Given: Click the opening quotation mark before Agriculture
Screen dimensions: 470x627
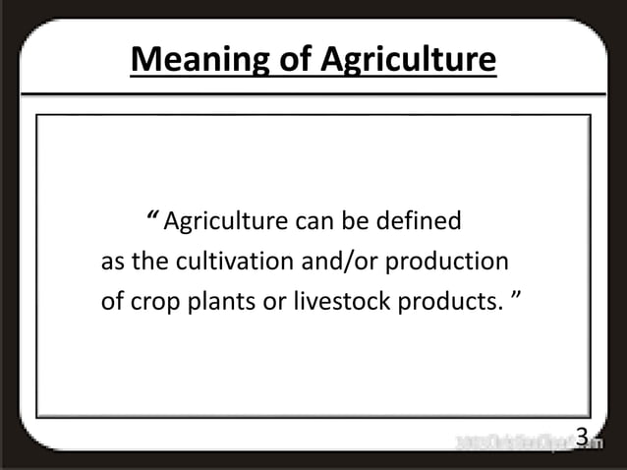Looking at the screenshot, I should (152, 217).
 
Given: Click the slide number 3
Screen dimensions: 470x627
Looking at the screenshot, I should (581, 437).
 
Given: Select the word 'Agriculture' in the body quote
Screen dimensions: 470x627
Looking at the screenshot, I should (223, 221).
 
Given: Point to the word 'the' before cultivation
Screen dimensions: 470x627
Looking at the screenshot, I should (149, 263).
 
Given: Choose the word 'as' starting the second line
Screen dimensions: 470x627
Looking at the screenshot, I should (112, 263).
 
